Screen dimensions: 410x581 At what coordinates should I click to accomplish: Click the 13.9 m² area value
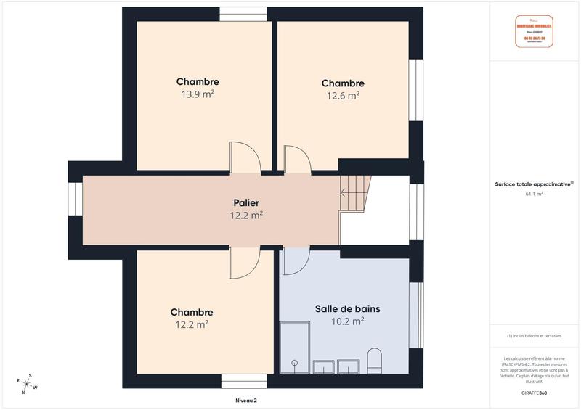point(197,94)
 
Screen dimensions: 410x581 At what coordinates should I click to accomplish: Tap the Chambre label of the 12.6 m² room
point(343,83)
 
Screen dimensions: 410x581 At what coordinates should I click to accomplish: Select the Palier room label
point(246,202)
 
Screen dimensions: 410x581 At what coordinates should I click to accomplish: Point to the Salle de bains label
point(347,308)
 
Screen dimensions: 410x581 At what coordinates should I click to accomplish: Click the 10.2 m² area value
point(347,321)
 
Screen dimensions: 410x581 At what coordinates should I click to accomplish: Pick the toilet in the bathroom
point(375,360)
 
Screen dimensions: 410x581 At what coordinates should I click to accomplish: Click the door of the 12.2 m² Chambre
point(244,263)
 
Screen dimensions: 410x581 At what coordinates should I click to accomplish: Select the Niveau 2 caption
point(246,400)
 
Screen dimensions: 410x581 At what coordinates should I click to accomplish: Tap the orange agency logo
point(534,31)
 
